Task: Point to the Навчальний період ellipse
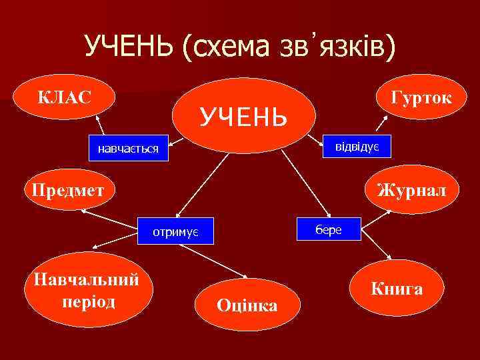pyautogui.click(x=82, y=289)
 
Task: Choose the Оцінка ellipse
pyautogui.click(x=247, y=305)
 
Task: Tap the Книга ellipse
pyautogui.click(x=397, y=289)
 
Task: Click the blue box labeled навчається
pyautogui.click(x=128, y=147)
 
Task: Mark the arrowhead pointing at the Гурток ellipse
pyautogui.click(x=385, y=120)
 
